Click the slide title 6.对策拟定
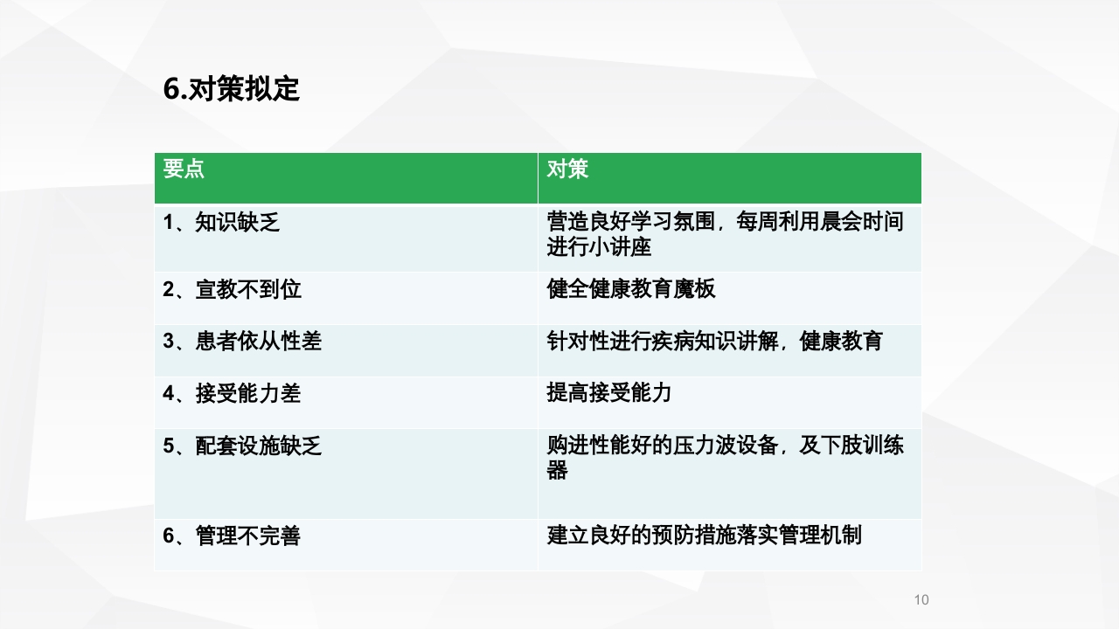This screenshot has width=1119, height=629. (232, 89)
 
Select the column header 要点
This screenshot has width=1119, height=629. (184, 169)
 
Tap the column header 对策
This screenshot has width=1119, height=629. (567, 169)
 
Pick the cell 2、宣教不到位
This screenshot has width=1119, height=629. (232, 289)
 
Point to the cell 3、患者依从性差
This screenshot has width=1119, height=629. (242, 342)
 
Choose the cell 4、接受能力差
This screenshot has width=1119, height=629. (232, 394)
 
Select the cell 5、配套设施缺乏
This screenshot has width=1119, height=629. (242, 446)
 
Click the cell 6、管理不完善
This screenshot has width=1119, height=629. (232, 536)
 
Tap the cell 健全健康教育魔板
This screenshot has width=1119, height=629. (631, 289)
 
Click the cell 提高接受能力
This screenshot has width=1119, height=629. (609, 393)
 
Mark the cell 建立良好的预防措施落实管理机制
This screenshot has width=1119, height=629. (705, 535)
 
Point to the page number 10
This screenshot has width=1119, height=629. (921, 599)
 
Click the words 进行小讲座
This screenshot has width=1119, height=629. (599, 247)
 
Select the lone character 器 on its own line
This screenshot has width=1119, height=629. (557, 471)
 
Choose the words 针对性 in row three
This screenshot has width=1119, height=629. (578, 341)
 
